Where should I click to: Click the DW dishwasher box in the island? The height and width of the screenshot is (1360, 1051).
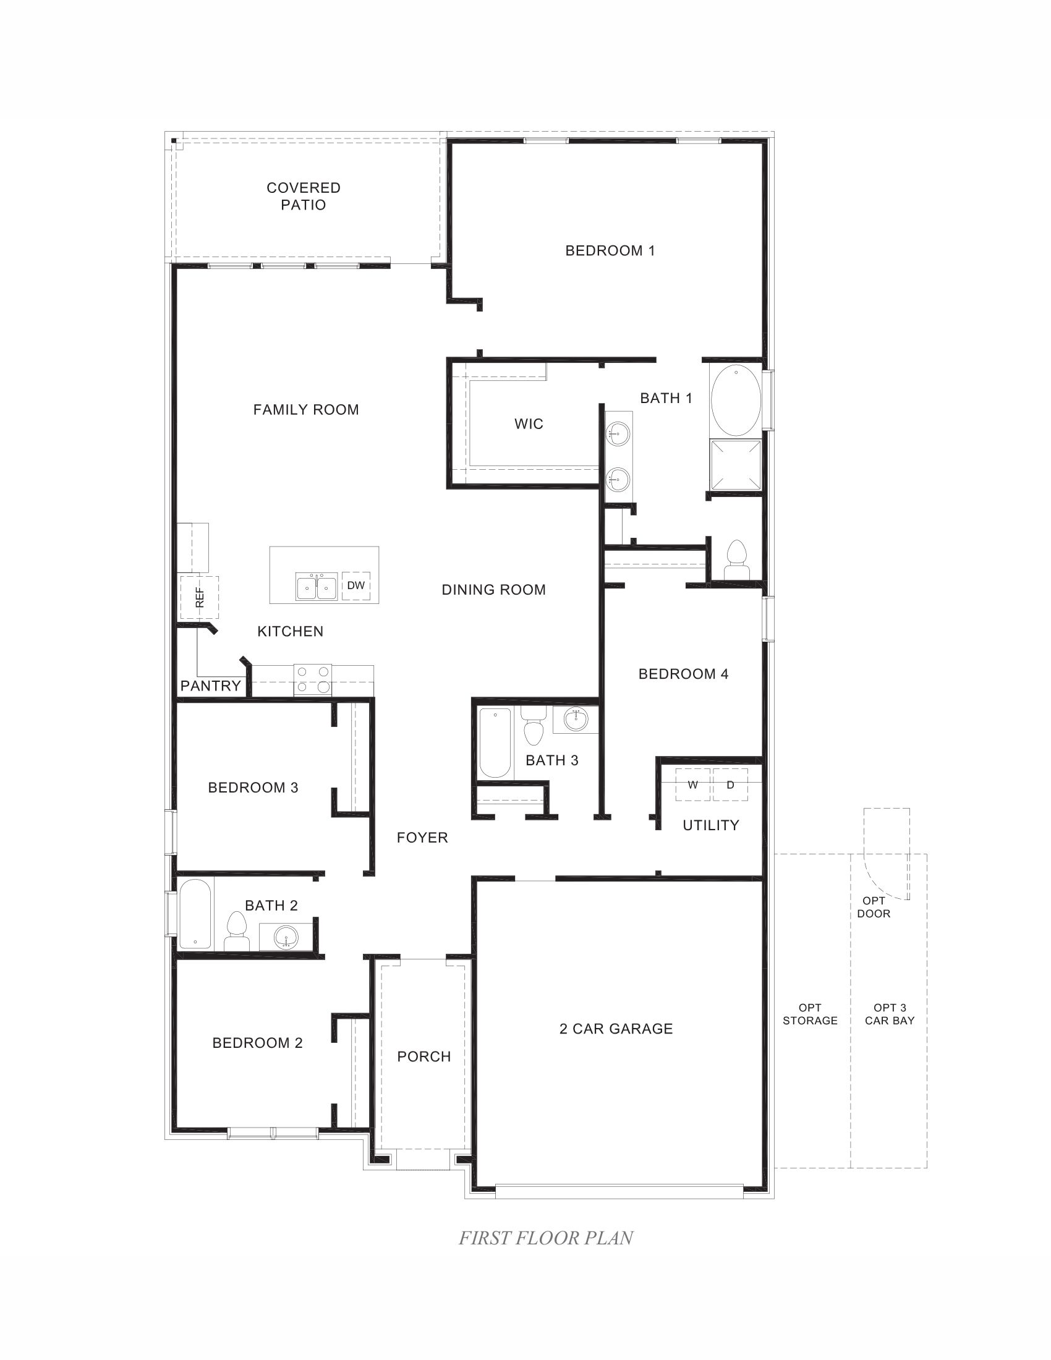click(x=355, y=585)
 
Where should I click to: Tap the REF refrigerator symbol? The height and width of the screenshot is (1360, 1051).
click(x=199, y=597)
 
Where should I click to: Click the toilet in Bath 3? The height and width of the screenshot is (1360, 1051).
click(x=533, y=727)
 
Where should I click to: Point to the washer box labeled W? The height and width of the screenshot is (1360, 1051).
click(x=692, y=784)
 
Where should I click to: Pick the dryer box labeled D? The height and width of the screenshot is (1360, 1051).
click(x=730, y=784)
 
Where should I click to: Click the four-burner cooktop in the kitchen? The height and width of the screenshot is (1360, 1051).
click(x=313, y=679)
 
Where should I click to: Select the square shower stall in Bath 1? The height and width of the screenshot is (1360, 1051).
click(x=736, y=465)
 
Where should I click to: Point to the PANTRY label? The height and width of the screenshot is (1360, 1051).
click(x=210, y=686)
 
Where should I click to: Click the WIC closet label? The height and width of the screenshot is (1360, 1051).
click(x=529, y=424)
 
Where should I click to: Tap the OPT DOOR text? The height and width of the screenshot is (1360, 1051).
click(x=874, y=907)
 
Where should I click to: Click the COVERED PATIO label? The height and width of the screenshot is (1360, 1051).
click(x=303, y=196)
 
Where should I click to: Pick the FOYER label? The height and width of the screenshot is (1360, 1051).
click(x=422, y=838)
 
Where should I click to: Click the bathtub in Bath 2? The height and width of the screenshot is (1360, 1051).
click(x=195, y=914)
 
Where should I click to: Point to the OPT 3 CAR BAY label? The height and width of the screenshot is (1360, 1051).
click(x=889, y=1014)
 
